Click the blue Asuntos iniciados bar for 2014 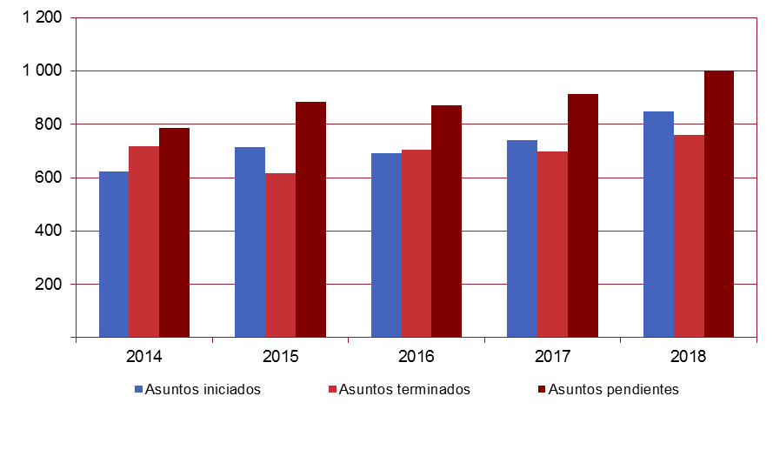pos(114,254)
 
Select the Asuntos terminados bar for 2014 pos(143,242)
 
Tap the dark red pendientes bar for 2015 pos(310,219)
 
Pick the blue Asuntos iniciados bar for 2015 pos(250,242)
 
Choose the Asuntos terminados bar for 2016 pos(416,244)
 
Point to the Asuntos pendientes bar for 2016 pos(446,221)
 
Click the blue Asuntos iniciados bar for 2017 pos(522,238)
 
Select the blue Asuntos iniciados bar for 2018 pos(658,225)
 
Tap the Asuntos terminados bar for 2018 pos(689,236)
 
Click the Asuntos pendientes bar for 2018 pos(719,204)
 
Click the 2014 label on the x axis pos(143,357)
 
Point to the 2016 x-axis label pos(416,357)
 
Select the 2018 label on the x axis pos(689,357)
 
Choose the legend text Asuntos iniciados pos(203,389)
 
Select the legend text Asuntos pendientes pos(613,389)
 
